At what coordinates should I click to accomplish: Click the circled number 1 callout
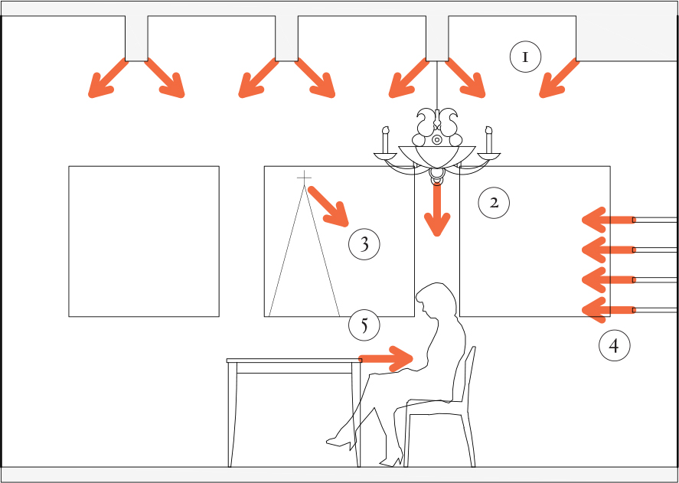[x=525, y=57]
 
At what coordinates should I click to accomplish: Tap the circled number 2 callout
[x=494, y=202]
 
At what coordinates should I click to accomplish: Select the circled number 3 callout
[x=364, y=244]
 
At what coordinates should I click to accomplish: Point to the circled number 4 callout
[x=615, y=345]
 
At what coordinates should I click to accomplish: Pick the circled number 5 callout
[x=364, y=325]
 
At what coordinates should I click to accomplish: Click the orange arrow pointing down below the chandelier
[x=437, y=210]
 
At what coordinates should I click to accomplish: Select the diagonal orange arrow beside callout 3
[x=328, y=206]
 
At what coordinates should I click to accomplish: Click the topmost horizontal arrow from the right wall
[x=608, y=220]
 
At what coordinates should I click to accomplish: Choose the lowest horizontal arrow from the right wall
[x=608, y=310]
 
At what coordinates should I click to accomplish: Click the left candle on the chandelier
[x=385, y=140]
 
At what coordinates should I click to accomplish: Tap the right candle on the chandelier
[x=489, y=140]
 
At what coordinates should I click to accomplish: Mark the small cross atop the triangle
[x=305, y=178]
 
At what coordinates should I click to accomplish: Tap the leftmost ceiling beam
[x=136, y=38]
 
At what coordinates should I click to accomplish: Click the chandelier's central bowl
[x=437, y=157]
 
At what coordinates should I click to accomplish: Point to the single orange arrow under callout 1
[x=559, y=78]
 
